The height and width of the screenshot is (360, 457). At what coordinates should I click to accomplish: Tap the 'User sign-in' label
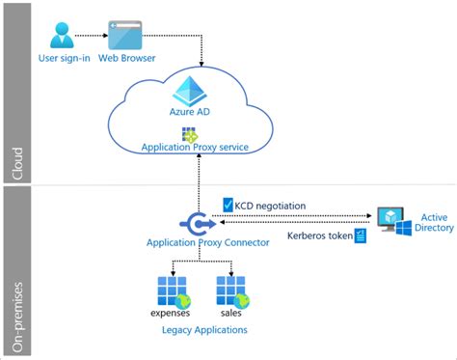tap(65, 59)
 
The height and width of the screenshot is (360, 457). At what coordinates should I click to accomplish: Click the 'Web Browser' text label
tap(124, 59)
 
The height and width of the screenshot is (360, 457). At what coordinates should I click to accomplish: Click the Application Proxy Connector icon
tap(197, 223)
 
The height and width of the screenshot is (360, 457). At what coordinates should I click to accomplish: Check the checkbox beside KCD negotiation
tap(228, 205)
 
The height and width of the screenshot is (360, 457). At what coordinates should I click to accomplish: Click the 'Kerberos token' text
tap(318, 235)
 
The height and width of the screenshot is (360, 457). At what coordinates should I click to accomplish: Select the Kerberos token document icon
tap(361, 235)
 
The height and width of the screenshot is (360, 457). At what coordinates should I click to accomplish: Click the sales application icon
tap(229, 291)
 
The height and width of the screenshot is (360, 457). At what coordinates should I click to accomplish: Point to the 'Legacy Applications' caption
tap(203, 330)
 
